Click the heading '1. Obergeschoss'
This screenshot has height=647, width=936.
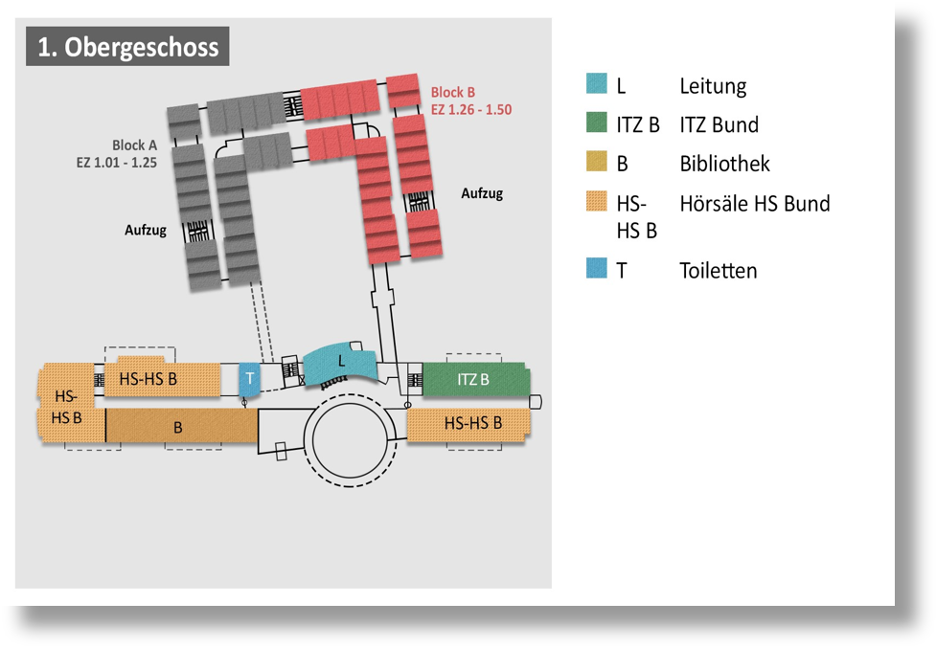click(x=127, y=47)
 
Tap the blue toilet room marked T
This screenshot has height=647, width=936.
click(x=249, y=379)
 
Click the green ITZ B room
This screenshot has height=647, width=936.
click(x=475, y=380)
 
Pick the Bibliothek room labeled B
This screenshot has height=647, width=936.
click(x=179, y=427)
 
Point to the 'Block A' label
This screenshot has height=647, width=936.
click(x=134, y=145)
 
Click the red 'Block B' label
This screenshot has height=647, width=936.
click(x=452, y=93)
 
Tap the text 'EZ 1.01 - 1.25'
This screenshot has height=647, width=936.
click(x=117, y=163)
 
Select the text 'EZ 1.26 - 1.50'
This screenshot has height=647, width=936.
click(x=470, y=110)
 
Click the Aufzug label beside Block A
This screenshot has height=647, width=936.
click(x=146, y=230)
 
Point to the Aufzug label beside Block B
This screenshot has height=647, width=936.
click(x=481, y=193)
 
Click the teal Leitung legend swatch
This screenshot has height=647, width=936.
click(x=597, y=84)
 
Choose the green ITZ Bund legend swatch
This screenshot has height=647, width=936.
click(x=597, y=123)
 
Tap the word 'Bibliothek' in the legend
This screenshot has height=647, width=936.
click(x=724, y=164)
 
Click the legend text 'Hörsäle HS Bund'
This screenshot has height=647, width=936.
click(x=754, y=204)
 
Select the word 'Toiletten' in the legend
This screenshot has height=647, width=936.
click(x=718, y=271)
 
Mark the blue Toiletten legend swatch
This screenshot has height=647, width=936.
click(x=597, y=269)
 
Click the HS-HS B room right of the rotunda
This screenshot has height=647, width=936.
click(x=469, y=423)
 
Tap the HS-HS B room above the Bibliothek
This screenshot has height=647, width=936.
click(x=149, y=379)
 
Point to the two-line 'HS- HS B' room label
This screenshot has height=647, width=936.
click(x=66, y=407)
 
